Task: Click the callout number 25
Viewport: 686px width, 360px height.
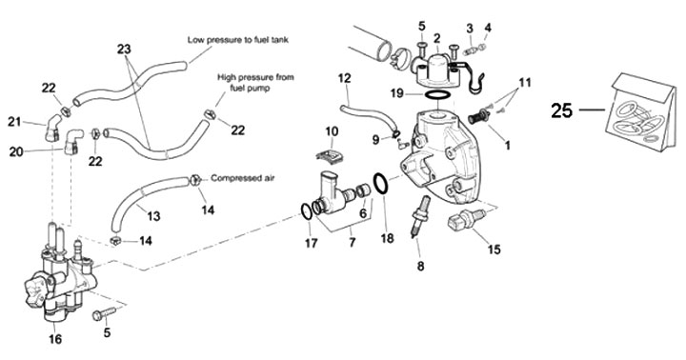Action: tap(562, 110)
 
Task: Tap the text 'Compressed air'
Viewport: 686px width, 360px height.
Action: tap(242, 178)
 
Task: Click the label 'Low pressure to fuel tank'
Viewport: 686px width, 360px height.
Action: tap(238, 40)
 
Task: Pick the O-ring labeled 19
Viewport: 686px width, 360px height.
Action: tap(436, 94)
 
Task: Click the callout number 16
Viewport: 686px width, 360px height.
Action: tap(55, 339)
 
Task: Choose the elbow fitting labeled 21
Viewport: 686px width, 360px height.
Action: tap(52, 128)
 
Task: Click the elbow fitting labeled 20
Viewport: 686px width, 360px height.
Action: tap(72, 141)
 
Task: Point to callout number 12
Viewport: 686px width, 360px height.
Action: tap(344, 78)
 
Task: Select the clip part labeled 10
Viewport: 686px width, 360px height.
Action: tap(332, 155)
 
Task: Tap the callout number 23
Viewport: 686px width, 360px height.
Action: tap(124, 49)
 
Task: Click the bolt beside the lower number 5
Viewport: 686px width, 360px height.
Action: tap(104, 313)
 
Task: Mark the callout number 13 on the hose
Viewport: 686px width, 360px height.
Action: tap(153, 215)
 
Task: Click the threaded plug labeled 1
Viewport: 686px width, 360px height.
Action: tap(478, 117)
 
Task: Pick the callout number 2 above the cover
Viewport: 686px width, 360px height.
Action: tap(436, 38)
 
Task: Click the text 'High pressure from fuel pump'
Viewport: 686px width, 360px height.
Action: tap(256, 82)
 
